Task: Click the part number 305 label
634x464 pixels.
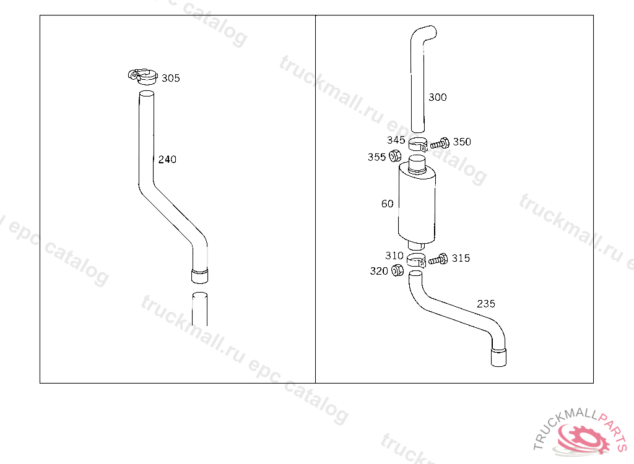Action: [171, 78]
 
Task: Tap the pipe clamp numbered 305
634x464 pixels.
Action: [143, 77]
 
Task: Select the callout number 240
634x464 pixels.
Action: [167, 159]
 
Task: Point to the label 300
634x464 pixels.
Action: [438, 97]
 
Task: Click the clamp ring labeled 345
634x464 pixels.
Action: [418, 145]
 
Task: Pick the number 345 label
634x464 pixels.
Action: [396, 140]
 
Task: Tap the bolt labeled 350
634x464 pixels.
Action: [440, 143]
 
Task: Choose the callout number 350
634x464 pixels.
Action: [462, 142]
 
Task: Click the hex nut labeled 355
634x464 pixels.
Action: [395, 156]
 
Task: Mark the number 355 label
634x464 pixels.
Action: [376, 157]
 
